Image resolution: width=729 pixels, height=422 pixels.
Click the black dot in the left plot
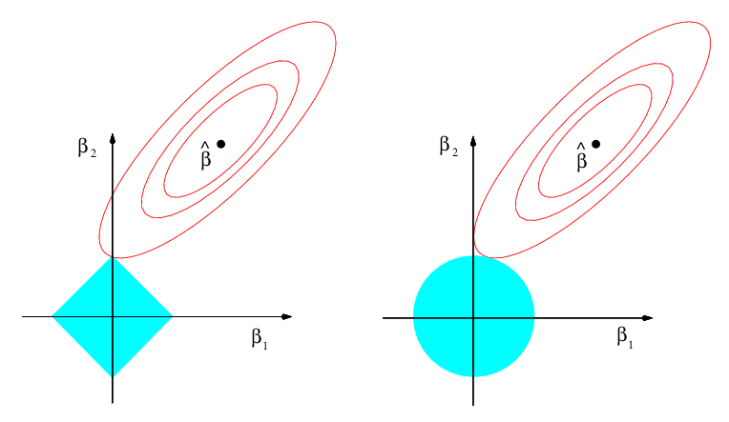tap(220, 144)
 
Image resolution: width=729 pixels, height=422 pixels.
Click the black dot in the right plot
tap(595, 144)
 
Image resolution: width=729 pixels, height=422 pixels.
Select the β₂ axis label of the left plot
tap(86, 149)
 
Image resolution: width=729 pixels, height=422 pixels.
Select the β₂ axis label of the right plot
tap(448, 146)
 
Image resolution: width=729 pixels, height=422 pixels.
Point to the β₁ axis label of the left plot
tap(260, 338)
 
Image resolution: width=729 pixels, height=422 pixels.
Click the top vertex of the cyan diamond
tap(113, 257)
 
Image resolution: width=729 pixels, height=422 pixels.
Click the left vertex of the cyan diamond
tap(52, 316)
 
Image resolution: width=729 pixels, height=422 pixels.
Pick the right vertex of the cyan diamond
tap(173, 316)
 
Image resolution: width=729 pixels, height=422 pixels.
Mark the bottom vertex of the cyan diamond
tap(113, 376)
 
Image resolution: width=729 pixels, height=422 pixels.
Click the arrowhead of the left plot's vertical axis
tap(113, 137)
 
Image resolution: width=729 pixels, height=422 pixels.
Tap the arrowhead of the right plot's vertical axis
tap(473, 137)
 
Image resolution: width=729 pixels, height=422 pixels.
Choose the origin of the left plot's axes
tap(113, 316)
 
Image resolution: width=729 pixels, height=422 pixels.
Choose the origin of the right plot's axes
tap(473, 317)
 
